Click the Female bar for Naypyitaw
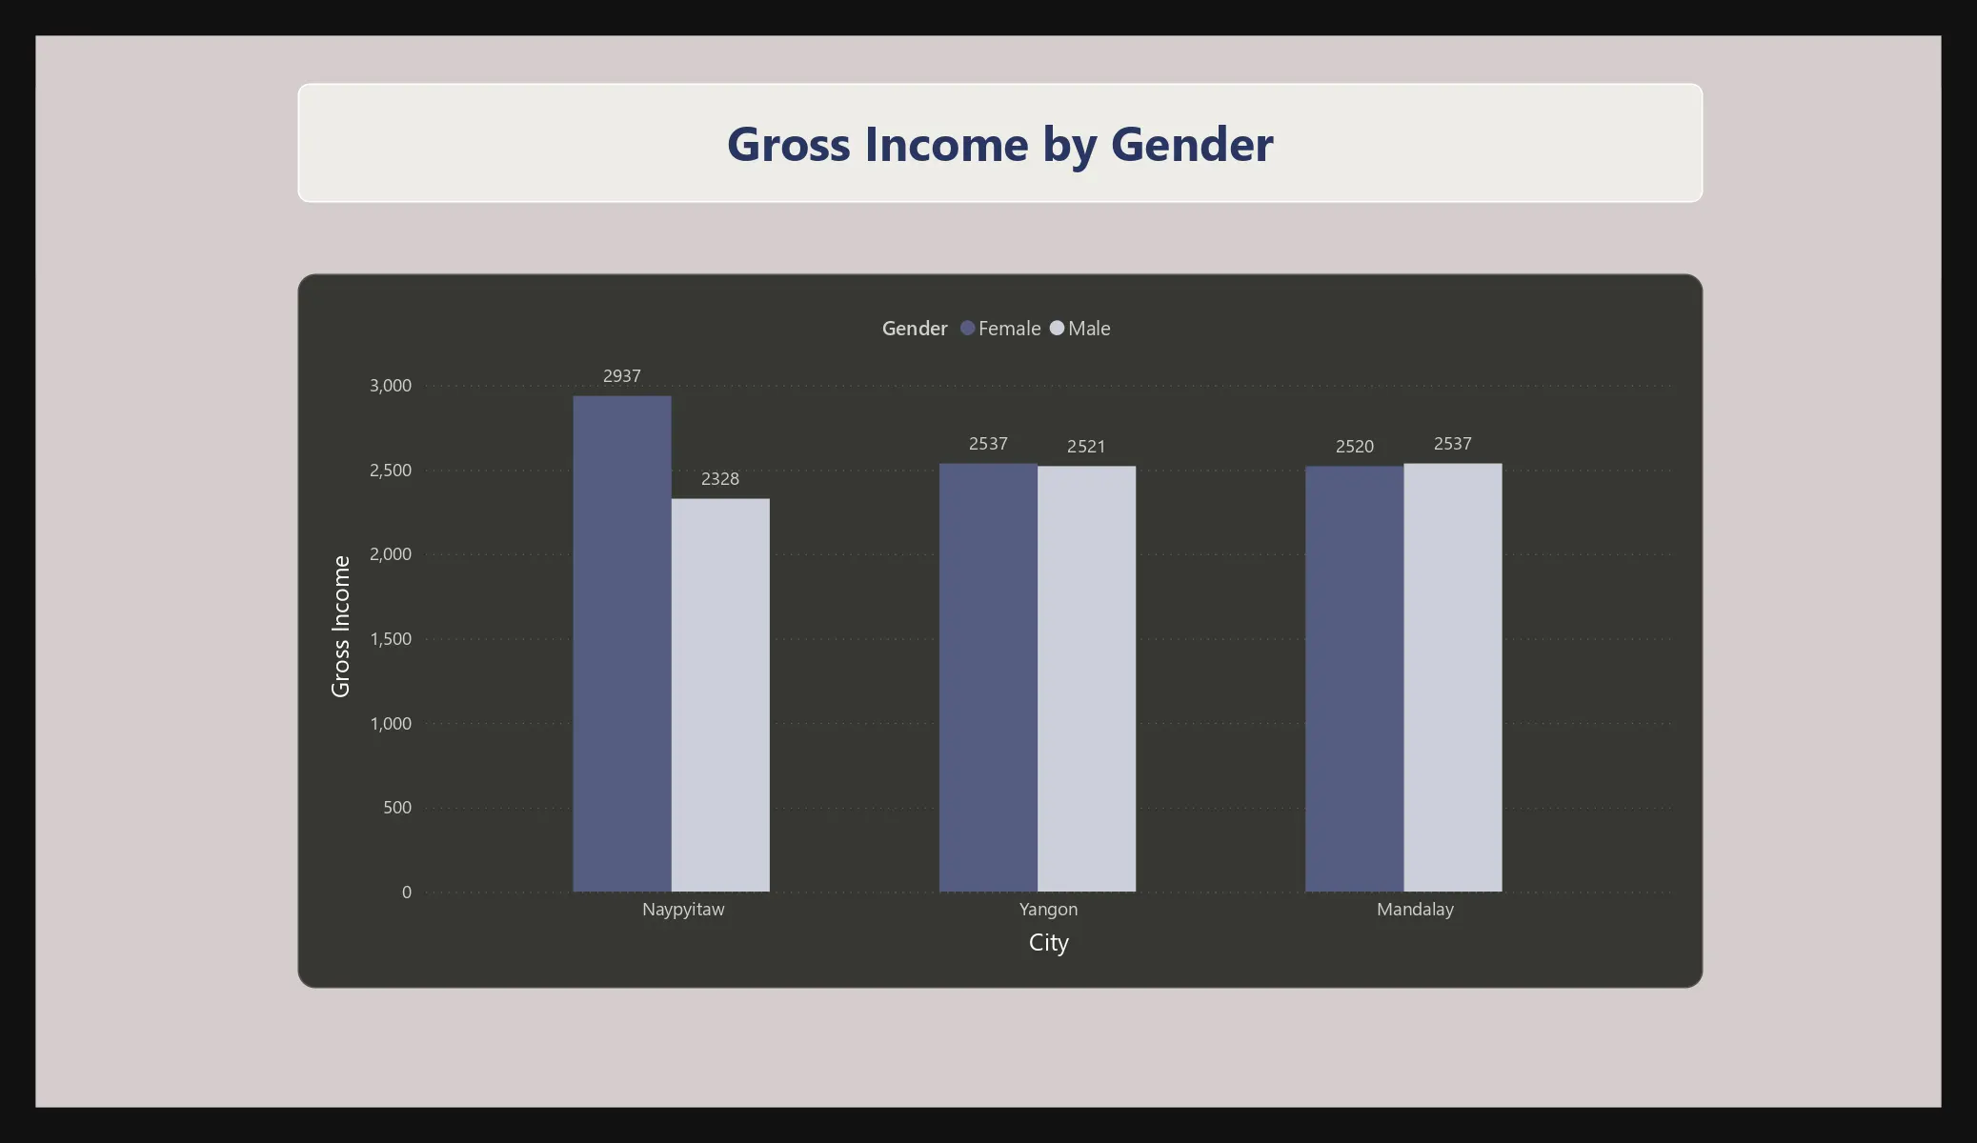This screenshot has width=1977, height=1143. pyautogui.click(x=622, y=644)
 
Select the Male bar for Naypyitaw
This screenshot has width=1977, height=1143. pyautogui.click(x=720, y=695)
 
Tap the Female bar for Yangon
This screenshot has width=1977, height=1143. pyautogui.click(x=988, y=677)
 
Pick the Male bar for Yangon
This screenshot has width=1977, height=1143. pyautogui.click(x=1086, y=679)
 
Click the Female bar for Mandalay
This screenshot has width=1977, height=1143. pyautogui.click(x=1354, y=679)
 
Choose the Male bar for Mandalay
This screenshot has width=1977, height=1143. pyautogui.click(x=1452, y=677)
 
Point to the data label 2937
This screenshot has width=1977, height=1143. pyautogui.click(x=622, y=376)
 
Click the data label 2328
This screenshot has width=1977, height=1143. pyautogui.click(x=720, y=479)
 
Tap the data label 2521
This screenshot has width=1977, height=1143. pyautogui.click(x=1086, y=447)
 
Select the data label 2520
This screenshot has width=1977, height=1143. pyautogui.click(x=1355, y=447)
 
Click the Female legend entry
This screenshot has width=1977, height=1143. pyautogui.click(x=1000, y=329)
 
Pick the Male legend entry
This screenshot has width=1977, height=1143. pyautogui.click(x=1080, y=329)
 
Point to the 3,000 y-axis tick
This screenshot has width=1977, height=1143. pyautogui.click(x=391, y=386)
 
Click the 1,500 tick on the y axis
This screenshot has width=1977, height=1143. pyautogui.click(x=391, y=639)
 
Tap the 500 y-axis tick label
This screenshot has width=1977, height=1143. pyautogui.click(x=397, y=808)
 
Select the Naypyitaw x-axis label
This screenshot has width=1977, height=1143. pyautogui.click(x=683, y=910)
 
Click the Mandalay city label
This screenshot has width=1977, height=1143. pyautogui.click(x=1415, y=910)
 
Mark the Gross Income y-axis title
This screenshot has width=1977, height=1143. pyautogui.click(x=341, y=627)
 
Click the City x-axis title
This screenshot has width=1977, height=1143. pyautogui.click(x=1049, y=943)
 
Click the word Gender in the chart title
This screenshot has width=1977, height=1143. pyautogui.click(x=1192, y=145)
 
